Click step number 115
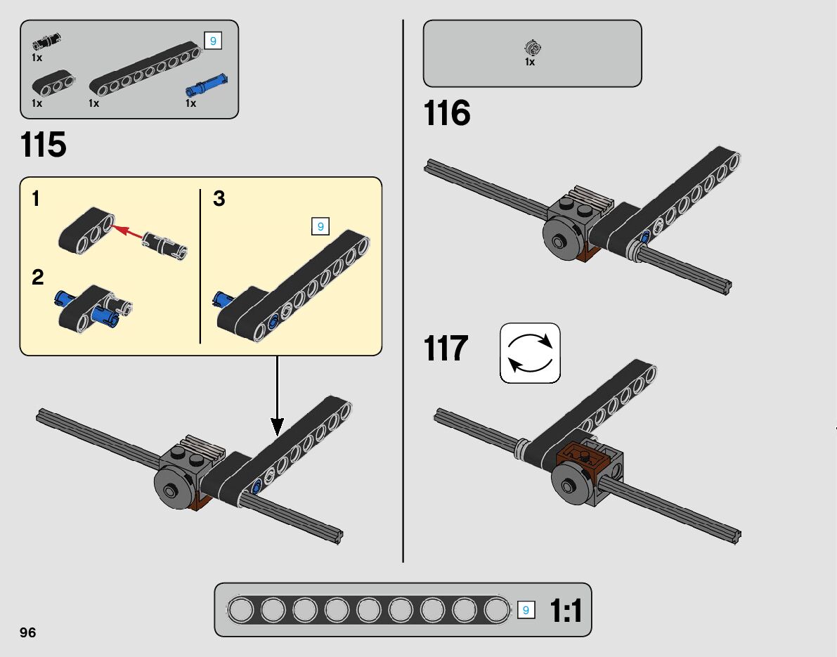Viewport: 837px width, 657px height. pyautogui.click(x=44, y=145)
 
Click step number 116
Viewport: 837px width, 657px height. pyautogui.click(x=447, y=113)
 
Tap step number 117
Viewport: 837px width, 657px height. pyautogui.click(x=446, y=348)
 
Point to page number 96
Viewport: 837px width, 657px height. pyautogui.click(x=27, y=632)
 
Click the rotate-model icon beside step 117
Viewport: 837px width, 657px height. pyautogui.click(x=530, y=353)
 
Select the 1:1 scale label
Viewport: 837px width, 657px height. pyautogui.click(x=566, y=611)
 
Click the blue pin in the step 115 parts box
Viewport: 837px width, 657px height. pyautogui.click(x=207, y=86)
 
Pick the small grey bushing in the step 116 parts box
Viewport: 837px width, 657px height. pyautogui.click(x=532, y=48)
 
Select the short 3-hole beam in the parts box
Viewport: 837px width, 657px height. pyautogui.click(x=53, y=84)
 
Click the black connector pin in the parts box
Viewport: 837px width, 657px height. pyautogui.click(x=46, y=41)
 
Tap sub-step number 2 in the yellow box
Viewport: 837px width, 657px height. pyautogui.click(x=37, y=277)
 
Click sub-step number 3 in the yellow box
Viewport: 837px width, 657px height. pyautogui.click(x=219, y=199)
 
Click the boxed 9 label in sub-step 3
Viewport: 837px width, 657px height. pyautogui.click(x=320, y=226)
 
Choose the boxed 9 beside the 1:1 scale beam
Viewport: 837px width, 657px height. pyautogui.click(x=526, y=610)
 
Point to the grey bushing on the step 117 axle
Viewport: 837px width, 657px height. pyautogui.click(x=521, y=448)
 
